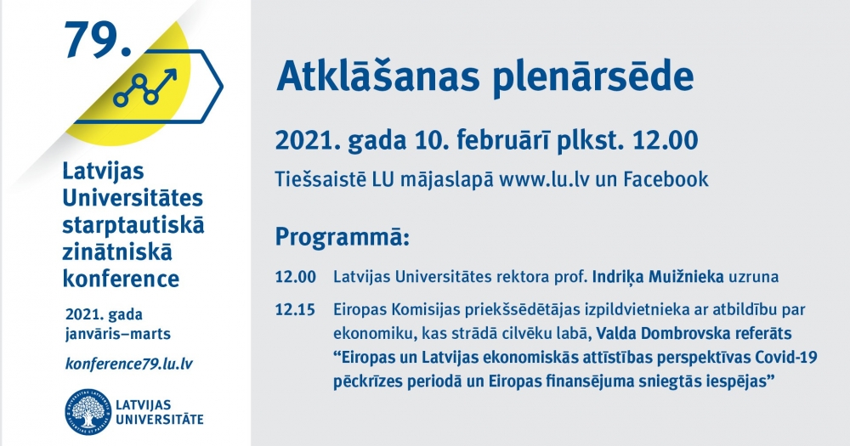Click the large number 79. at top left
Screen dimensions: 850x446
[98, 40]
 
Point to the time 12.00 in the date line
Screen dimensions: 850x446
[666, 140]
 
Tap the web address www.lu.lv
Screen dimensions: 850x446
[544, 179]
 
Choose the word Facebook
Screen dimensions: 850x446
[666, 179]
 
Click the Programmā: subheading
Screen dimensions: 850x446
[342, 238]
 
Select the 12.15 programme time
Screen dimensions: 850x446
[295, 309]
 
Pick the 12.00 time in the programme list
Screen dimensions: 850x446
[296, 276]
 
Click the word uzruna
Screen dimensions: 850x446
[753, 277]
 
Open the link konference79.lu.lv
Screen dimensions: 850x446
[129, 364]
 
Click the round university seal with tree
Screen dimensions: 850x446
[88, 411]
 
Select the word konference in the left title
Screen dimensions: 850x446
[121, 279]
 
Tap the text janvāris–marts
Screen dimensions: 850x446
[118, 334]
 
